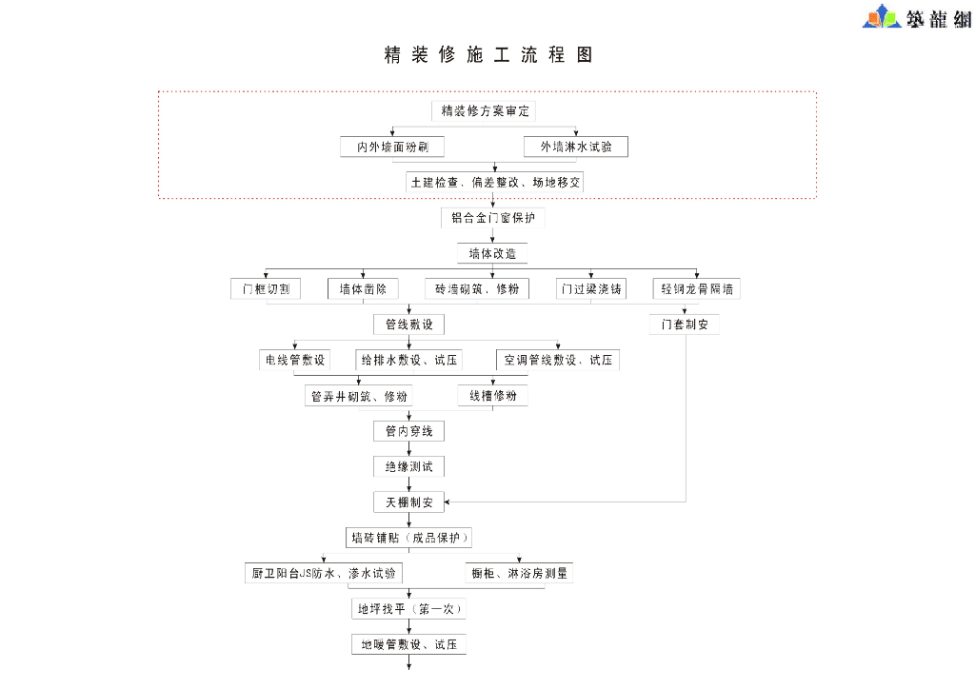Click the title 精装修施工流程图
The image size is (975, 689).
pyautogui.click(x=488, y=55)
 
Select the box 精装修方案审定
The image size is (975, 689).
pyautogui.click(x=484, y=111)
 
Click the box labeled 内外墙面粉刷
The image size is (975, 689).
pyautogui.click(x=392, y=148)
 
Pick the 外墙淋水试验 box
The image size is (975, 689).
pyautogui.click(x=575, y=148)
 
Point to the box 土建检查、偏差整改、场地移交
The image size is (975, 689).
pyautogui.click(x=494, y=182)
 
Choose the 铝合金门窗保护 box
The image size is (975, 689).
pyautogui.click(x=493, y=218)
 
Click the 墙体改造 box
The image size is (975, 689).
pyautogui.click(x=492, y=253)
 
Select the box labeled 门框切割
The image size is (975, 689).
pyautogui.click(x=266, y=288)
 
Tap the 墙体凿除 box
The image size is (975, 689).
pyautogui.click(x=363, y=288)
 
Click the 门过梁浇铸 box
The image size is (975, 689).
pyautogui.click(x=591, y=288)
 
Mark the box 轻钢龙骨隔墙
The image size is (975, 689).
pyautogui.click(x=697, y=288)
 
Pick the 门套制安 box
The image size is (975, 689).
pyautogui.click(x=686, y=325)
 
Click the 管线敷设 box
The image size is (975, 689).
pyautogui.click(x=408, y=325)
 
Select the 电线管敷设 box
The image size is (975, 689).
pyautogui.click(x=295, y=361)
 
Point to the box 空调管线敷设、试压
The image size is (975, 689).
pyautogui.click(x=558, y=361)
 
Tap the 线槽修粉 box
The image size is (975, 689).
pyautogui.click(x=493, y=396)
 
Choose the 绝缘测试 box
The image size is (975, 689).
pyautogui.click(x=408, y=467)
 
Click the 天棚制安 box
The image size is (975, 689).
pyautogui.click(x=408, y=502)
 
